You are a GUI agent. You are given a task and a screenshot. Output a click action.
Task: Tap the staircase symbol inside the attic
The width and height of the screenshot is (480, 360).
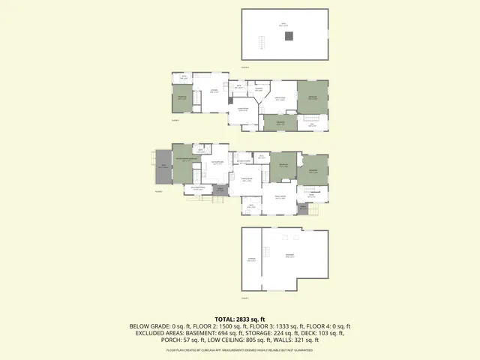pos(262,41)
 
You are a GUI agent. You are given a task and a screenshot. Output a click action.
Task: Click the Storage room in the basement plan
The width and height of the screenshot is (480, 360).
pos(251,260)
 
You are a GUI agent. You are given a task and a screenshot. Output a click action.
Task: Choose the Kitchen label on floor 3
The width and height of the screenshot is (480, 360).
pos(214,91)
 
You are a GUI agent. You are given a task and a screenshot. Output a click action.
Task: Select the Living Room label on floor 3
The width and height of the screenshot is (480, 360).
pos(281,98)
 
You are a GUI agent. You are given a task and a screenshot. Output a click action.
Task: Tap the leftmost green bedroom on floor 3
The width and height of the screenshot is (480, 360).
pos(181,97)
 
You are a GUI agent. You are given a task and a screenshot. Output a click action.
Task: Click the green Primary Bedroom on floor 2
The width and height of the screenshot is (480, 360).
pos(182,162)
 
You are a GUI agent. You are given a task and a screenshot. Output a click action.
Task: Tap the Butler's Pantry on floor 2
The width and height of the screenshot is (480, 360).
pos(243,160)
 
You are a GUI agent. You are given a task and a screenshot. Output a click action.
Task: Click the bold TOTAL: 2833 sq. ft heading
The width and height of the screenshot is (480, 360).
pos(240,319)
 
